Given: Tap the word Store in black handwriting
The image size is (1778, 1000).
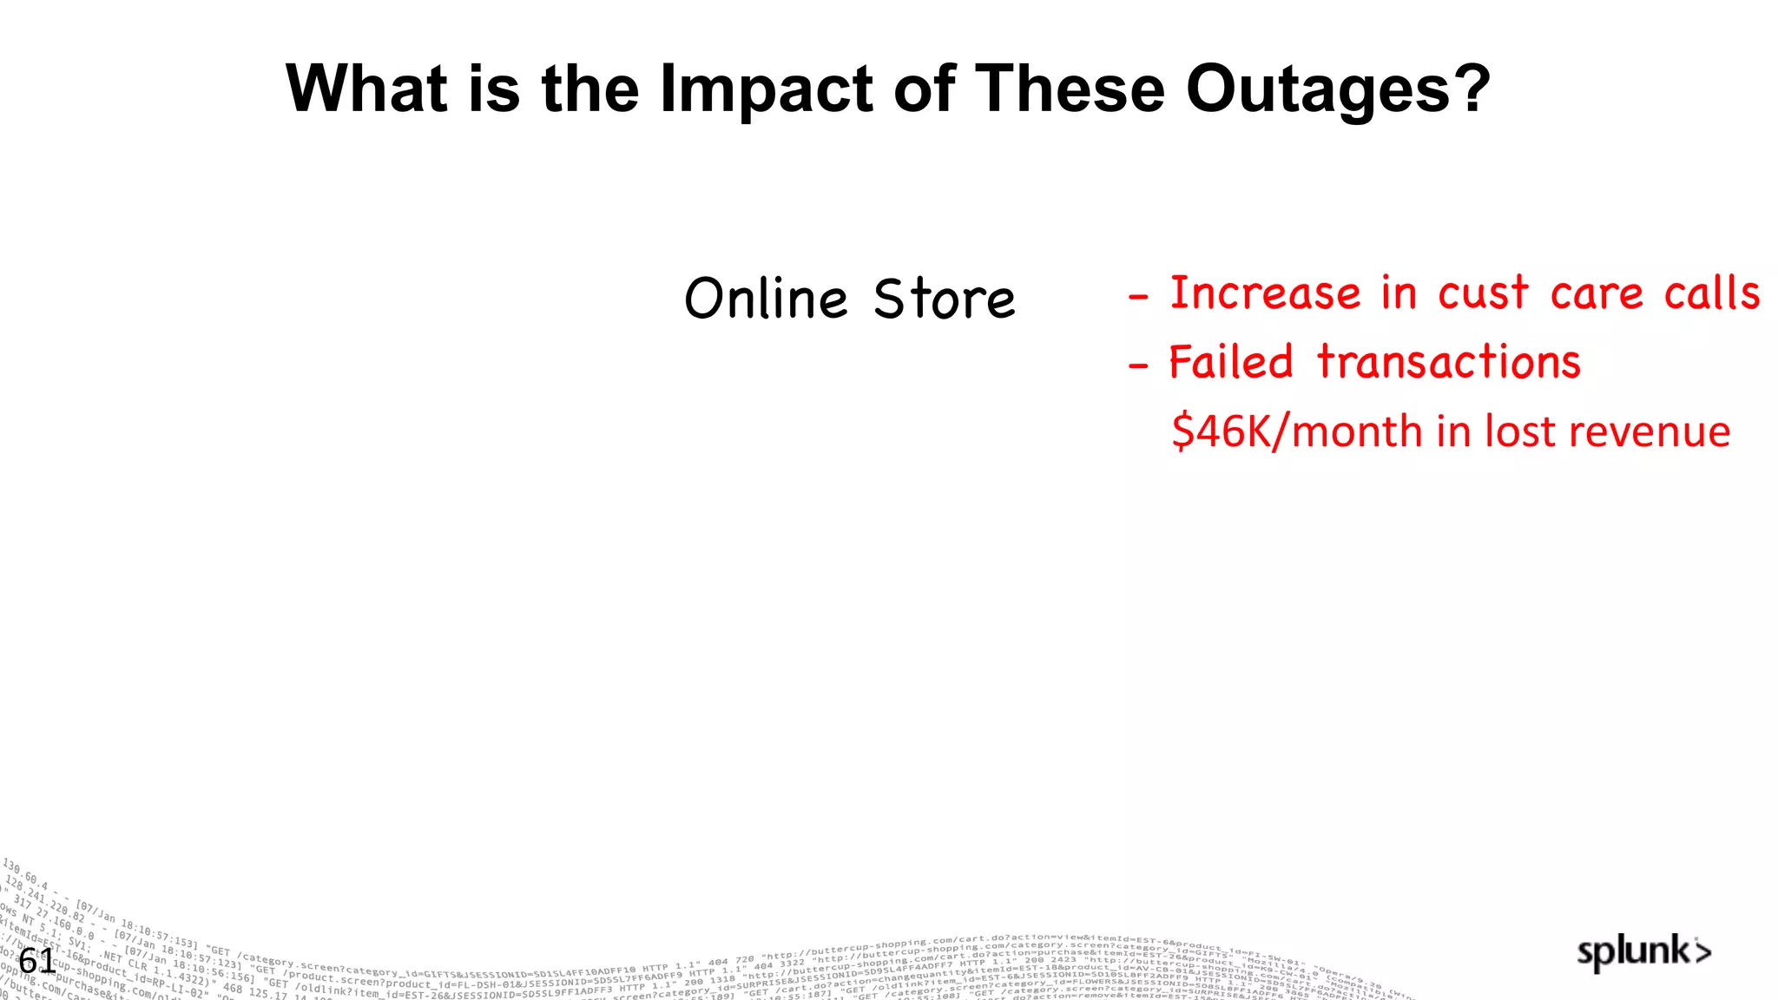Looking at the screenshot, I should [x=945, y=299].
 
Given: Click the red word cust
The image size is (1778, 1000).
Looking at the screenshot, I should [x=1483, y=293].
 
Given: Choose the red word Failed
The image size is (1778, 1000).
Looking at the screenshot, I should [x=1231, y=362].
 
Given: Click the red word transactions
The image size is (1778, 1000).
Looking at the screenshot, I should [x=1449, y=362].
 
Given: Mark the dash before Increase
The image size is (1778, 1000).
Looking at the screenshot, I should [x=1138, y=298].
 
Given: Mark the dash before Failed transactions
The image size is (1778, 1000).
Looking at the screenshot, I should [x=1138, y=366].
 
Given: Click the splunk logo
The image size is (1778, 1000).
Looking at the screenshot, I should [x=1643, y=952].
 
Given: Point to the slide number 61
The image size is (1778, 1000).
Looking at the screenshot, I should [x=37, y=961].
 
